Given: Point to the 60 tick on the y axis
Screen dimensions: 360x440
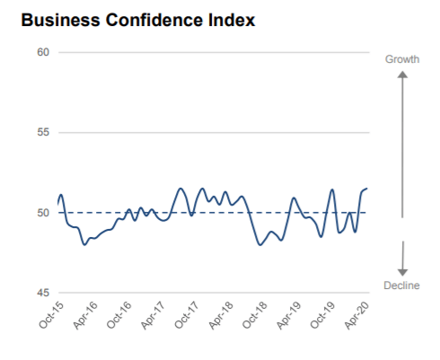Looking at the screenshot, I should point(42,52).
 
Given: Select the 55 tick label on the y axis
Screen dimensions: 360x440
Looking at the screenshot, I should point(42,133).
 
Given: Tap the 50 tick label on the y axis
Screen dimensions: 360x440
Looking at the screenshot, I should point(42,213).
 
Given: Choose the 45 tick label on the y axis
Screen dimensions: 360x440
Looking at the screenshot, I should point(42,293).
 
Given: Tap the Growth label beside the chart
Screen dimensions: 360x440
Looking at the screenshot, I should point(402,58).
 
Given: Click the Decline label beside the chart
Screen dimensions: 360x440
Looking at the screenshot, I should point(402,285).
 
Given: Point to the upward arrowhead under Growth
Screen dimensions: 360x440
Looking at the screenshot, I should point(402,75).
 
